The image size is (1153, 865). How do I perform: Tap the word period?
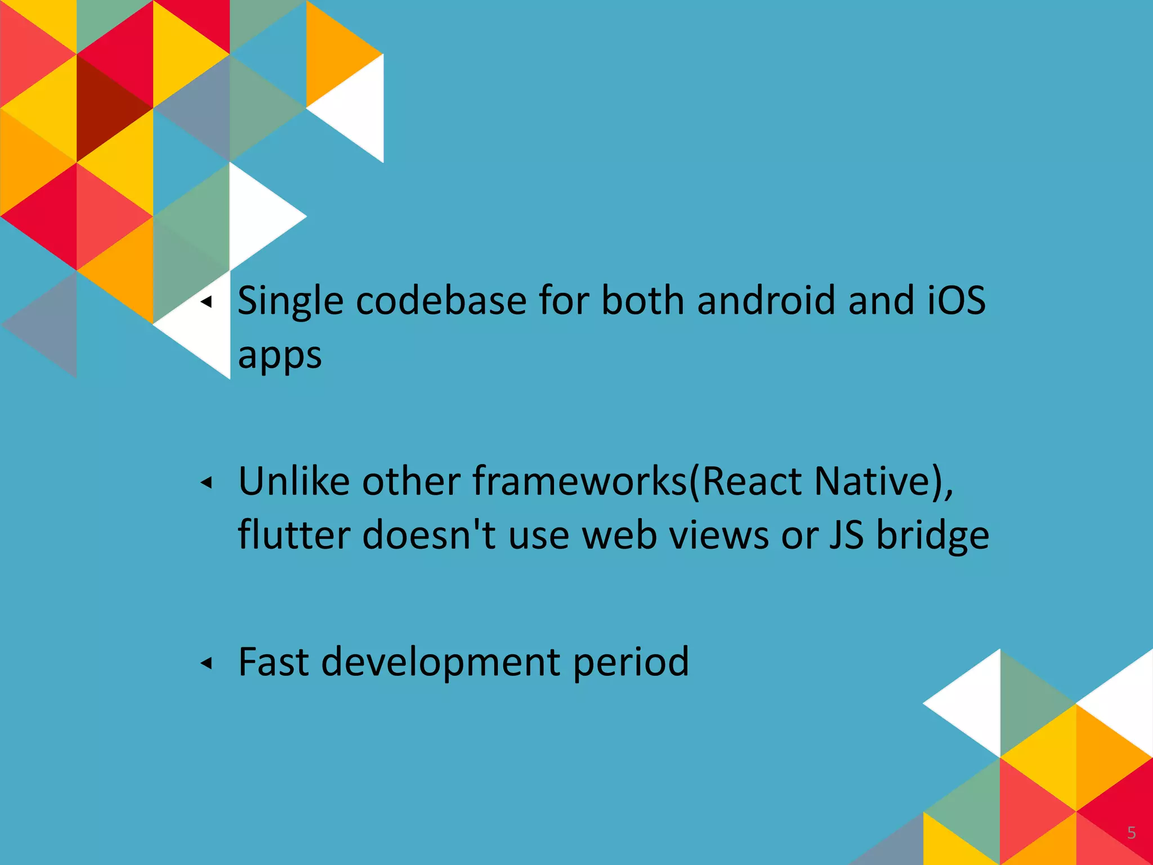pyautogui.click(x=631, y=662)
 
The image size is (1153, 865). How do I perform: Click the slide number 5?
pyautogui.click(x=1132, y=833)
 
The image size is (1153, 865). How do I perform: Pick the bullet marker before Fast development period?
pyautogui.click(x=207, y=663)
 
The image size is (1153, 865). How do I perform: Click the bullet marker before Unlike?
pyautogui.click(x=207, y=483)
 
